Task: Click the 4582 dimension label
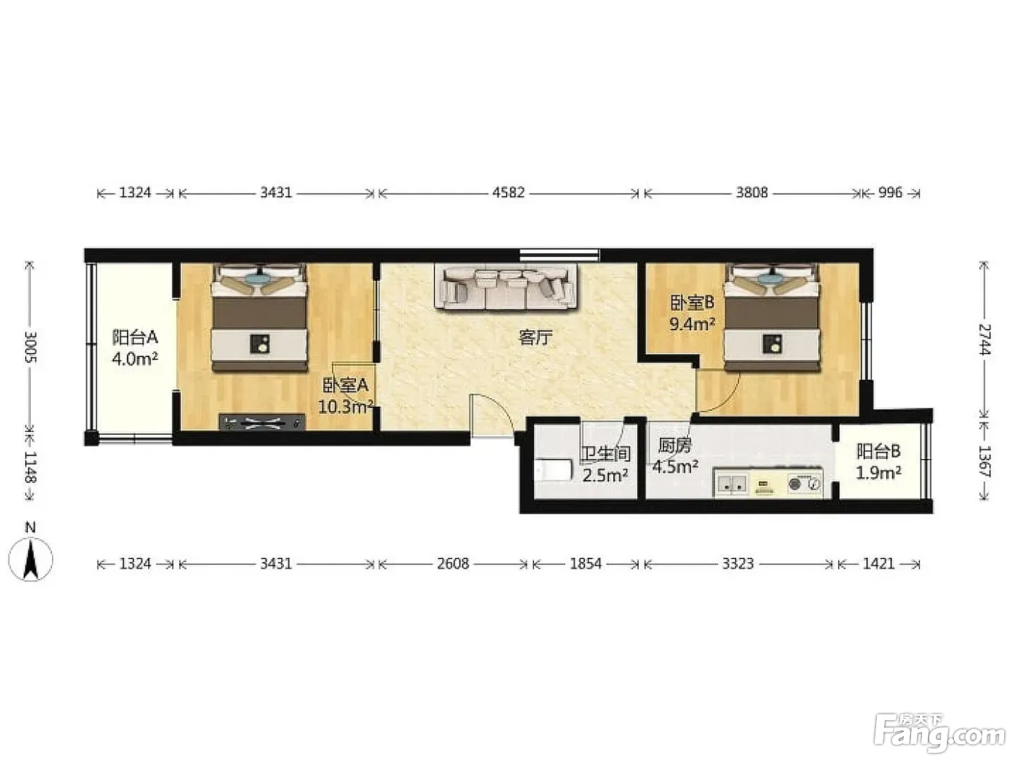pyautogui.click(x=508, y=193)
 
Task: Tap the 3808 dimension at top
pyautogui.click(x=752, y=193)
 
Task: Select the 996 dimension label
pyautogui.click(x=891, y=193)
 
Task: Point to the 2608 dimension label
pyautogui.click(x=453, y=564)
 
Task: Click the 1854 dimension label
pyautogui.click(x=586, y=564)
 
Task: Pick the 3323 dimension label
pyautogui.click(x=738, y=564)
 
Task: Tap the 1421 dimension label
pyautogui.click(x=878, y=564)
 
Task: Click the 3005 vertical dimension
pyautogui.click(x=31, y=347)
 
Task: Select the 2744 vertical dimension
pyautogui.click(x=984, y=339)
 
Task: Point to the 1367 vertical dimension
pyautogui.click(x=984, y=461)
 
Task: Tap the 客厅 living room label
pyautogui.click(x=535, y=338)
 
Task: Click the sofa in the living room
pyautogui.click(x=506, y=286)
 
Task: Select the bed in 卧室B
pyautogui.click(x=771, y=318)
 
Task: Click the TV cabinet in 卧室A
pyautogui.click(x=262, y=422)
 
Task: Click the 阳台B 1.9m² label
pyautogui.click(x=878, y=462)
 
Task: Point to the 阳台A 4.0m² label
pyautogui.click(x=135, y=348)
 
